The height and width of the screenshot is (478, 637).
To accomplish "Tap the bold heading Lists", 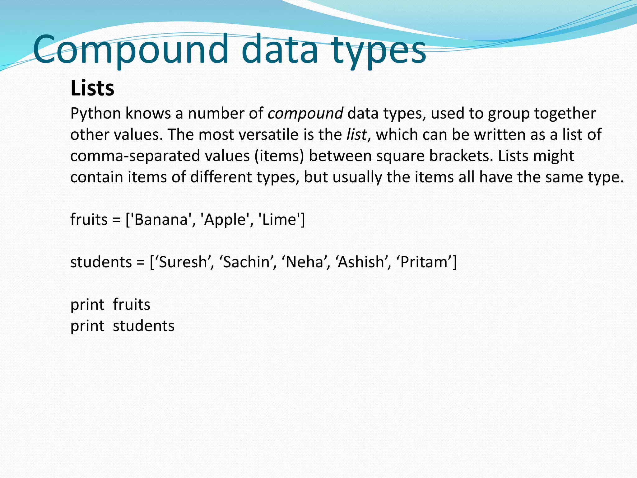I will (x=92, y=88).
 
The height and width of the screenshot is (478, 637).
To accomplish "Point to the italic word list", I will (x=356, y=135).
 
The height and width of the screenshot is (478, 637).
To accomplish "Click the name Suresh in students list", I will (x=183, y=262).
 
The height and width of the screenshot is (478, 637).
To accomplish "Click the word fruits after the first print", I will (x=132, y=305).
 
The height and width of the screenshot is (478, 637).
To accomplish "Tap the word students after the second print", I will (x=143, y=326).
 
